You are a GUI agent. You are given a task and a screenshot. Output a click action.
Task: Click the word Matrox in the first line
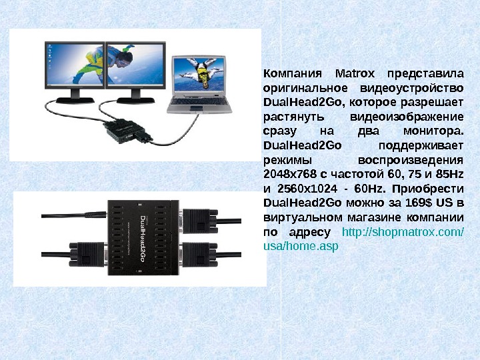pyautogui.click(x=357, y=73)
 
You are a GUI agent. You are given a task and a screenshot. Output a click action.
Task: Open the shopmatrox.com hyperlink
pyautogui.click(x=402, y=232)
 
